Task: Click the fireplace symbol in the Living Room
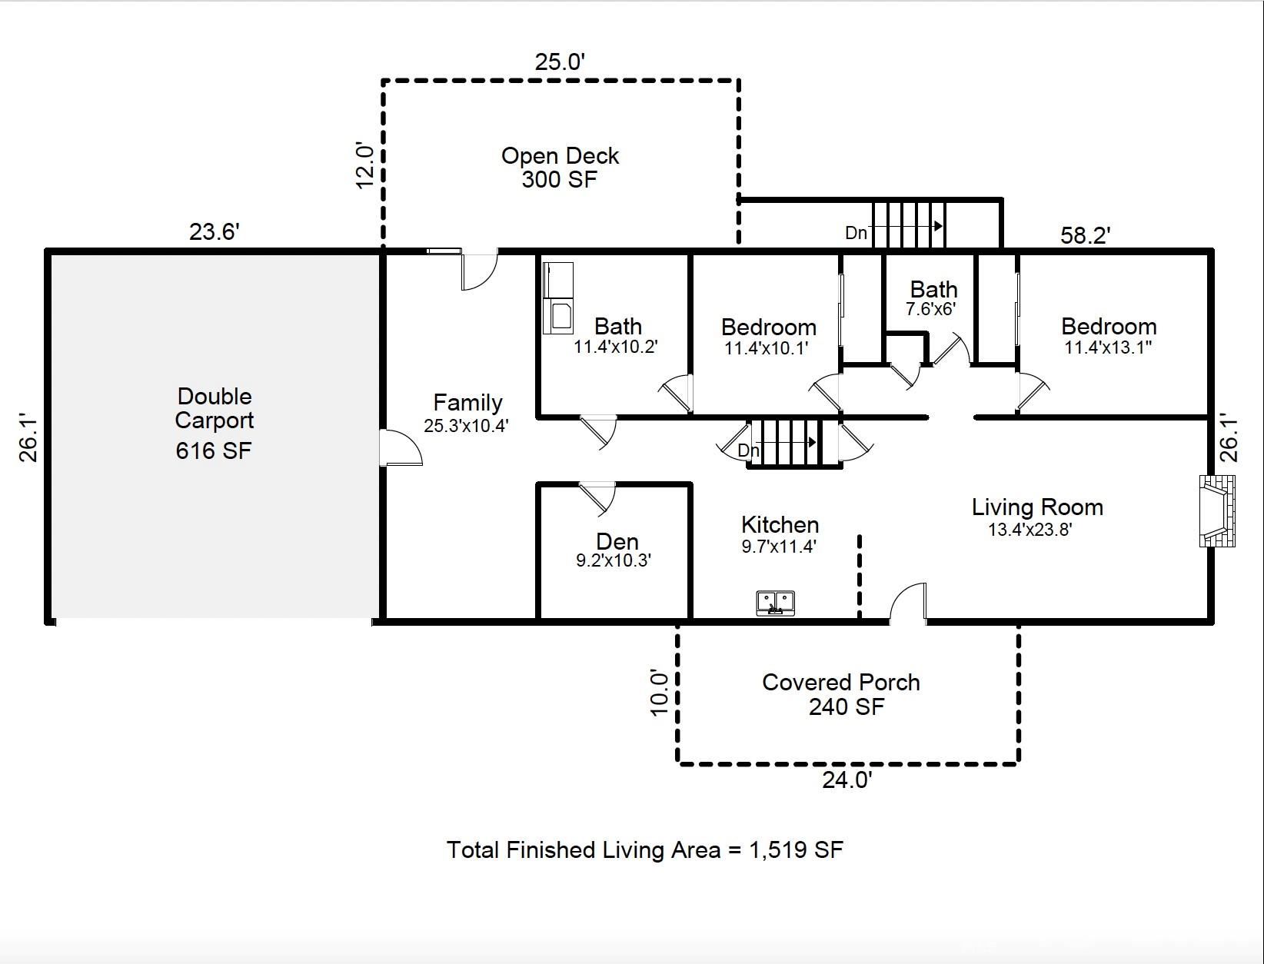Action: pyautogui.click(x=1217, y=511)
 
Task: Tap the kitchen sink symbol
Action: pyautogui.click(x=775, y=603)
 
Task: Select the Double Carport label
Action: pyautogui.click(x=215, y=408)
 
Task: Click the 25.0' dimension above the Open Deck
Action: pyautogui.click(x=560, y=61)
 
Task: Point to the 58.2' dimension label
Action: pyautogui.click(x=1085, y=235)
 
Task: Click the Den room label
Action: pyautogui.click(x=617, y=541)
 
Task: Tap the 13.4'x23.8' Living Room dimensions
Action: pyautogui.click(x=1029, y=530)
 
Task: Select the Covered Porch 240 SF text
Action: pyautogui.click(x=842, y=694)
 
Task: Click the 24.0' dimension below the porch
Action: pyautogui.click(x=847, y=780)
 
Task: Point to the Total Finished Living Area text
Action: pyautogui.click(x=644, y=850)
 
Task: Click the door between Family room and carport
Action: pyautogui.click(x=400, y=447)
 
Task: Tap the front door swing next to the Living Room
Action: pyautogui.click(x=909, y=603)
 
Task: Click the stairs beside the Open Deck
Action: pyautogui.click(x=908, y=224)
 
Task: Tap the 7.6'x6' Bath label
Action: pyautogui.click(x=933, y=298)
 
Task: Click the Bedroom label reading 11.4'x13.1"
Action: pyautogui.click(x=1108, y=336)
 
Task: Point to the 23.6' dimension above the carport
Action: pyautogui.click(x=215, y=231)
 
